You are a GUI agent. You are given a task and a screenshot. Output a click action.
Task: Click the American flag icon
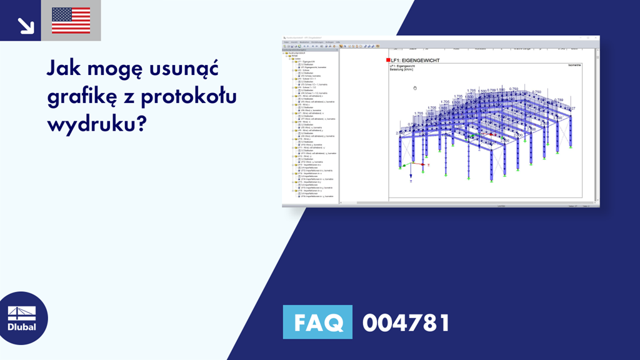tap(71, 21)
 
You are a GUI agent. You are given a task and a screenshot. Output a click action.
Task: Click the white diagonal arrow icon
tap(26, 25)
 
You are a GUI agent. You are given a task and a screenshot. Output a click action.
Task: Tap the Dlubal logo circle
tap(22, 318)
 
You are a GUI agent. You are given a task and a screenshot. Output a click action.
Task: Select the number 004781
tap(406, 322)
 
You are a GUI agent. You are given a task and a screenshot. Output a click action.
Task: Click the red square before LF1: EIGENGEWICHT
tap(387, 60)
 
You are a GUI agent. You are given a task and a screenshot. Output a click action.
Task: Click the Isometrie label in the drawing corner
tap(574, 64)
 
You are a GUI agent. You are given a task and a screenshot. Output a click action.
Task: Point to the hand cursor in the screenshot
tap(414, 88)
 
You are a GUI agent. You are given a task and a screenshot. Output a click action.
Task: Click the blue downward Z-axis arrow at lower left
tap(411, 177)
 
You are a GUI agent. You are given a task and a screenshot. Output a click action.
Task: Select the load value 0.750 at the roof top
tap(514, 89)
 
